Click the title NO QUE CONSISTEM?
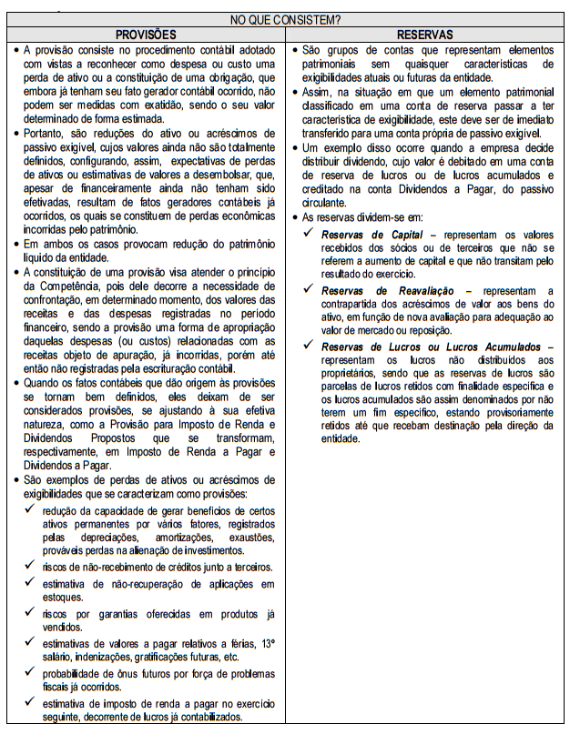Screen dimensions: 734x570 point(285,19)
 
